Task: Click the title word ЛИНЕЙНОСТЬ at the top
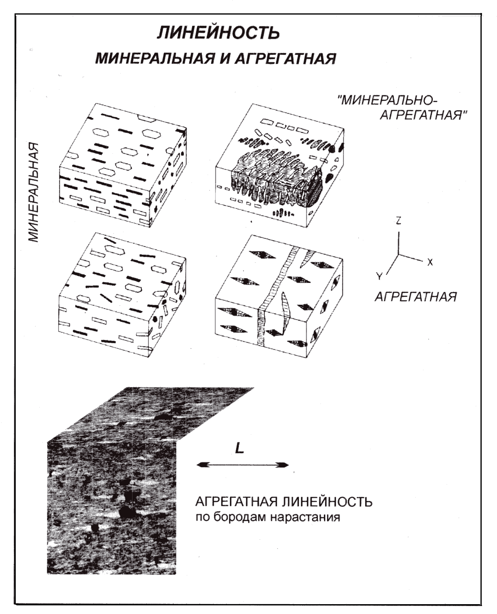[218, 33]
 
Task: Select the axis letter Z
[398, 221]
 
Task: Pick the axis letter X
[430, 262]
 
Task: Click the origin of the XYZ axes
[399, 255]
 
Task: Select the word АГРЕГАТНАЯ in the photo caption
[237, 502]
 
